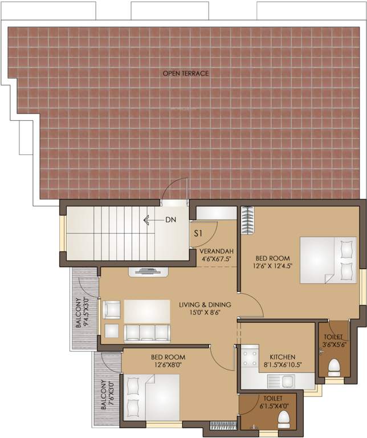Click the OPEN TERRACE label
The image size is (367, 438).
[186, 73]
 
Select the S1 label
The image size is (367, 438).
[199, 233]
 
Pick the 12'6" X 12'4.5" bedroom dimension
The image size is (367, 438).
[273, 265]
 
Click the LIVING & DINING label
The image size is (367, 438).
[201, 305]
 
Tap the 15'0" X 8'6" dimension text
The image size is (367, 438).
[201, 313]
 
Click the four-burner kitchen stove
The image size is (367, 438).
[249, 358]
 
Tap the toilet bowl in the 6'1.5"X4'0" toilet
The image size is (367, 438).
[283, 420]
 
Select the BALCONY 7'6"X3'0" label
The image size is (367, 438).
[106, 395]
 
